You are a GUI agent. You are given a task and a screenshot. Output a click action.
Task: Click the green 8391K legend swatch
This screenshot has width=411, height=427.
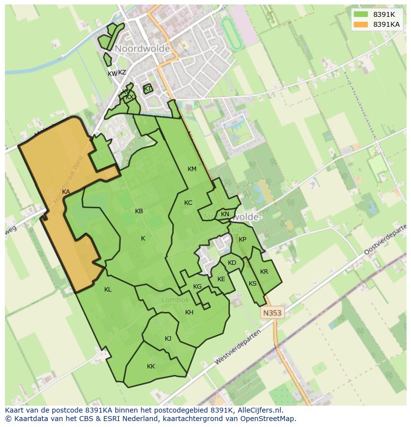(x=361, y=14)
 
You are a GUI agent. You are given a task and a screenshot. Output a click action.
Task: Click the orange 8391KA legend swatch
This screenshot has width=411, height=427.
(x=361, y=24)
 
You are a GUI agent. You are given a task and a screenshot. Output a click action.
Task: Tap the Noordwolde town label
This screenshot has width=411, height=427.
(x=142, y=49)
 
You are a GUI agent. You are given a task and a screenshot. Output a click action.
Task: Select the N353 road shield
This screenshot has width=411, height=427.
(x=272, y=313)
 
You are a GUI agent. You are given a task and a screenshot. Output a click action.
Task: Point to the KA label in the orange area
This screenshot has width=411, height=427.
(x=66, y=192)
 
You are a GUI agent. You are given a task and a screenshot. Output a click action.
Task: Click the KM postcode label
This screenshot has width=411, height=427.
(x=192, y=169)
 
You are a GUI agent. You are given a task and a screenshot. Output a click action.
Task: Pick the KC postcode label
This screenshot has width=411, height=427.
(x=188, y=203)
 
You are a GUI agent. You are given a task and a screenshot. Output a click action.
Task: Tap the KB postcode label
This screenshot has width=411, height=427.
(x=139, y=211)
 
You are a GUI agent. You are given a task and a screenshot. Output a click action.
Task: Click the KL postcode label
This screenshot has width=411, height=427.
(x=108, y=290)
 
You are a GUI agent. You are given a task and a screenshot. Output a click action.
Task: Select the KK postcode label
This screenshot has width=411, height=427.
(x=151, y=366)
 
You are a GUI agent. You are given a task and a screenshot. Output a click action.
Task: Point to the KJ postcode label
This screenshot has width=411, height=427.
(x=168, y=339)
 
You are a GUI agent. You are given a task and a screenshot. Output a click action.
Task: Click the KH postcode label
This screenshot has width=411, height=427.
(x=189, y=312)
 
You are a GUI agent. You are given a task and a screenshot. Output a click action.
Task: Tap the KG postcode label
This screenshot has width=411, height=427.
(x=198, y=287)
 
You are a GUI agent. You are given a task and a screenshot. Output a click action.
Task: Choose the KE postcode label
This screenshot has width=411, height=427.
(x=221, y=279)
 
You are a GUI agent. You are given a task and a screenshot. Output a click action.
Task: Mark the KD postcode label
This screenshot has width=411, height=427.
(x=232, y=263)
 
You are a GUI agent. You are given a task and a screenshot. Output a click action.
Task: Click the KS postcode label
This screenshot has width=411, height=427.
(x=253, y=284)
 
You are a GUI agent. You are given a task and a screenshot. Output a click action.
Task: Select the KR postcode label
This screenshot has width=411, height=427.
(x=264, y=272)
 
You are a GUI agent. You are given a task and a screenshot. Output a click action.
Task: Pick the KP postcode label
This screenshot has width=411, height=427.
(x=242, y=240)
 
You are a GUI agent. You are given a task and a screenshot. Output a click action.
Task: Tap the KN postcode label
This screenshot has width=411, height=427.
(x=225, y=214)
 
